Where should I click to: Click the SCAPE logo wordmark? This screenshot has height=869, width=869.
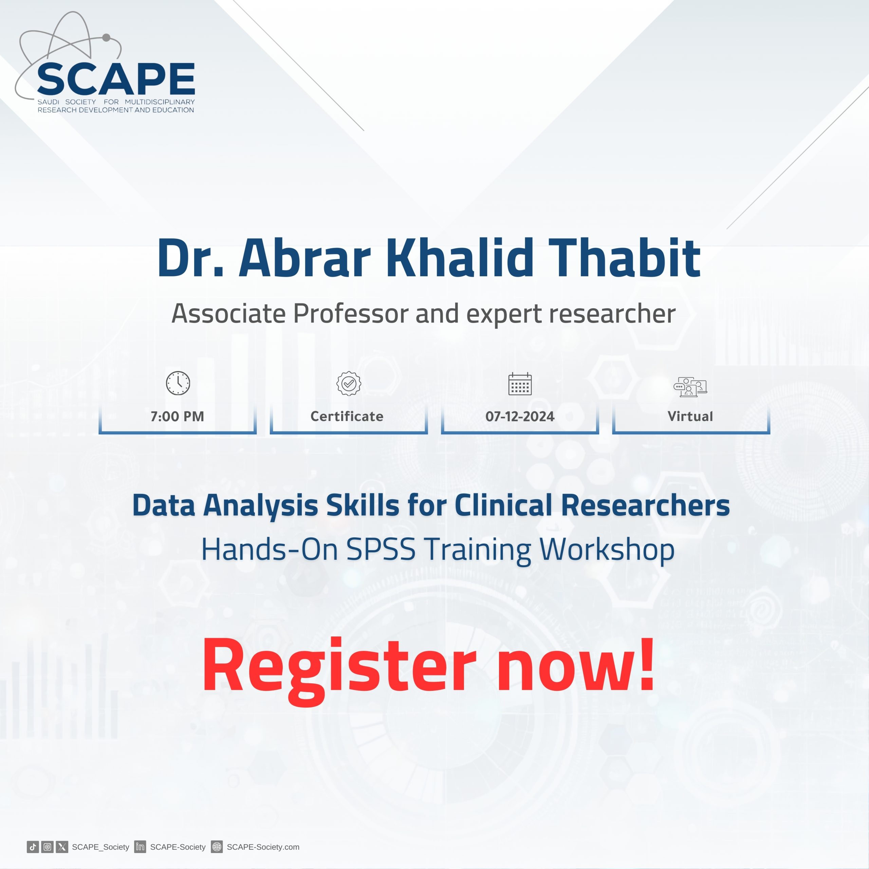click(x=116, y=78)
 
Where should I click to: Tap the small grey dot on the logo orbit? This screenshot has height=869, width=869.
click(x=107, y=38)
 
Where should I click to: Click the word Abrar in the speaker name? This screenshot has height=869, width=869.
click(x=304, y=257)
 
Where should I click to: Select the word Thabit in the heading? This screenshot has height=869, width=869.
click(x=624, y=257)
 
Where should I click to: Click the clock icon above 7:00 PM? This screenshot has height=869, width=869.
click(x=178, y=383)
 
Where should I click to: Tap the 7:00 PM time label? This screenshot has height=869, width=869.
click(x=177, y=417)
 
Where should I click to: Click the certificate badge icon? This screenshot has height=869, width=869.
click(x=349, y=383)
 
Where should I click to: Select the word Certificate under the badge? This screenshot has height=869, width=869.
click(x=347, y=417)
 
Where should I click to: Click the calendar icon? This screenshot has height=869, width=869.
click(x=520, y=384)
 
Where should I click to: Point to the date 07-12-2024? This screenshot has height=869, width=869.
click(x=520, y=417)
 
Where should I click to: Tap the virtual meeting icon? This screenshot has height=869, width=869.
click(x=690, y=386)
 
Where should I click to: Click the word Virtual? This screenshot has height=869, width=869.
click(x=690, y=417)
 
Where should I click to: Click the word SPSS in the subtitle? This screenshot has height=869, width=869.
click(x=381, y=549)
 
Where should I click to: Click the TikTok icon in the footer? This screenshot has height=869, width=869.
click(x=33, y=847)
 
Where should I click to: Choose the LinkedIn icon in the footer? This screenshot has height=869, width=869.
click(x=140, y=847)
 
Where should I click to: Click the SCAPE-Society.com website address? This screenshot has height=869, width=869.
click(x=263, y=847)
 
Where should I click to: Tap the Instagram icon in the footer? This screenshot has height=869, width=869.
click(x=47, y=847)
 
